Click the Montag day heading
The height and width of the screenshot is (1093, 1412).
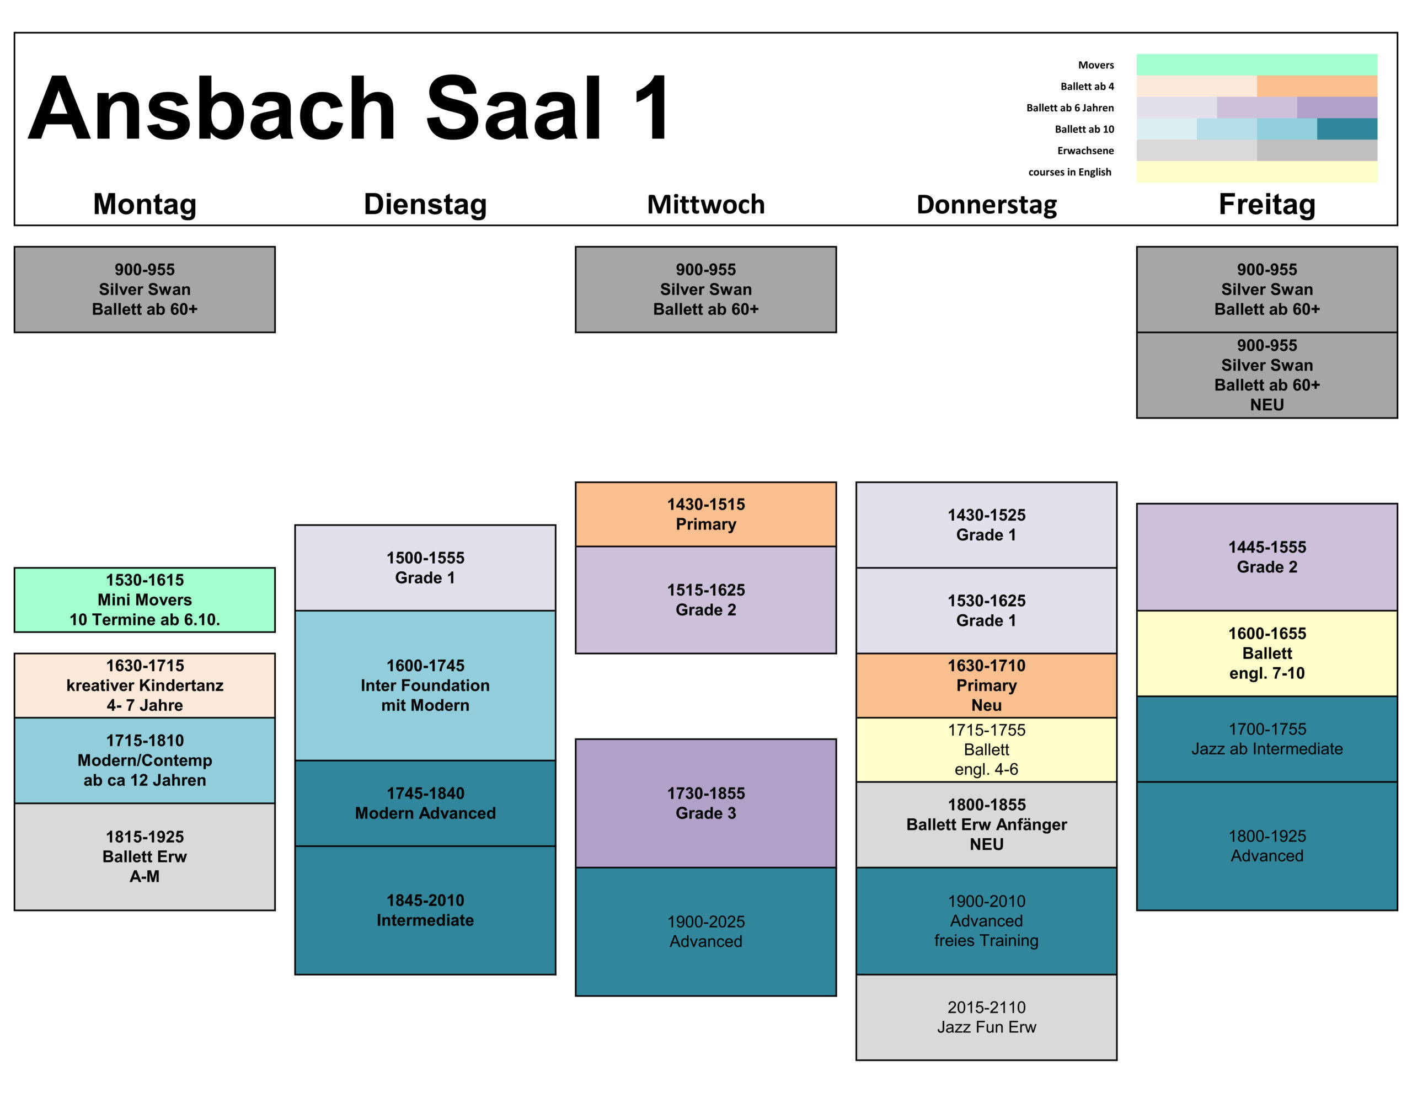pyautogui.click(x=145, y=204)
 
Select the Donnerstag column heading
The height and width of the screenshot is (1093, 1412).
pyautogui.click(x=987, y=204)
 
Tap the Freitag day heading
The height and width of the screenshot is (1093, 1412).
pyautogui.click(x=1266, y=204)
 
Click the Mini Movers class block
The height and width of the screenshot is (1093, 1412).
pyautogui.click(x=145, y=600)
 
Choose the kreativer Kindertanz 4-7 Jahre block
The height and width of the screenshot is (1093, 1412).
pyautogui.click(x=145, y=685)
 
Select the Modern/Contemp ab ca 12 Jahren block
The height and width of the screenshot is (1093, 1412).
pyautogui.click(x=145, y=760)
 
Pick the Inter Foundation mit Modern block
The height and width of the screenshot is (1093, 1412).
pyautogui.click(x=425, y=685)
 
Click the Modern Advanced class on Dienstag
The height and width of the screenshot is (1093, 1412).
pyautogui.click(x=425, y=803)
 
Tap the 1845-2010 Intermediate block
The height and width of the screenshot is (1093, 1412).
pyautogui.click(x=425, y=910)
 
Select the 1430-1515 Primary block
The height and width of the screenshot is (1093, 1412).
pyautogui.click(x=706, y=515)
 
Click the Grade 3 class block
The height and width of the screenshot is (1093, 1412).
pyautogui.click(x=706, y=803)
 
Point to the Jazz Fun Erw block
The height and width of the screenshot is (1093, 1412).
pyautogui.click(x=987, y=1017)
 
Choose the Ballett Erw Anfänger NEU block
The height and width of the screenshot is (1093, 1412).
pyautogui.click(x=987, y=825)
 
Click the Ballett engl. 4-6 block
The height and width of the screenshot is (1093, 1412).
pyautogui.click(x=987, y=750)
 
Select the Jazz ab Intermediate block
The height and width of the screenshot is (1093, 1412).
pyautogui.click(x=1266, y=739)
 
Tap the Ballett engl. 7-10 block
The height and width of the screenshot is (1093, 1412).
pyautogui.click(x=1266, y=653)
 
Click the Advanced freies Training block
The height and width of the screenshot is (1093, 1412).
pyautogui.click(x=987, y=921)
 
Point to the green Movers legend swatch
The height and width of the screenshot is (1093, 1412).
pyautogui.click(x=1256, y=65)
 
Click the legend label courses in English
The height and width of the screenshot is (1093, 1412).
pyautogui.click(x=1069, y=172)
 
